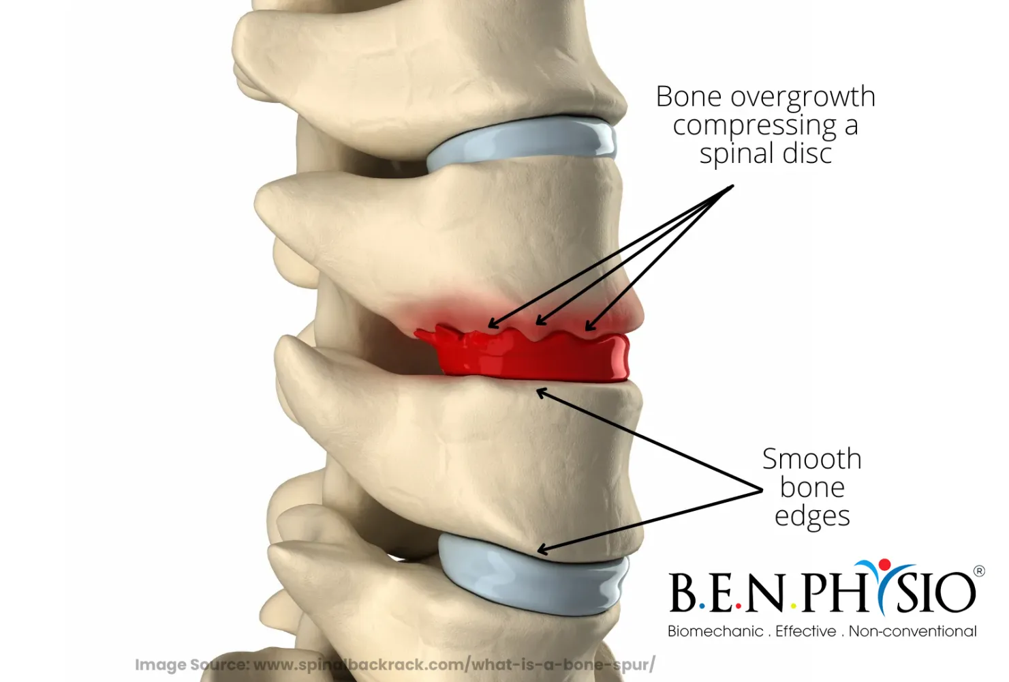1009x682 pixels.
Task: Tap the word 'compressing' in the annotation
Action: click(754, 126)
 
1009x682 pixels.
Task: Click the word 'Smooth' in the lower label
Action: click(811, 459)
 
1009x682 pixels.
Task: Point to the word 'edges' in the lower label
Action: click(812, 516)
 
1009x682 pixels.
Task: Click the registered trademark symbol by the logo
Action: click(979, 571)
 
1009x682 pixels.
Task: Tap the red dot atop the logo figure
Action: click(884, 564)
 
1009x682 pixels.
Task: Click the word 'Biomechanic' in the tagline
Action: click(715, 632)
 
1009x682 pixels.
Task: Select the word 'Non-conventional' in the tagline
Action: click(912, 632)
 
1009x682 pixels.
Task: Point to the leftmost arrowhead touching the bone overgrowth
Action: click(492, 325)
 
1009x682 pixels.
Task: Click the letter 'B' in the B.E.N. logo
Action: click(683, 593)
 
